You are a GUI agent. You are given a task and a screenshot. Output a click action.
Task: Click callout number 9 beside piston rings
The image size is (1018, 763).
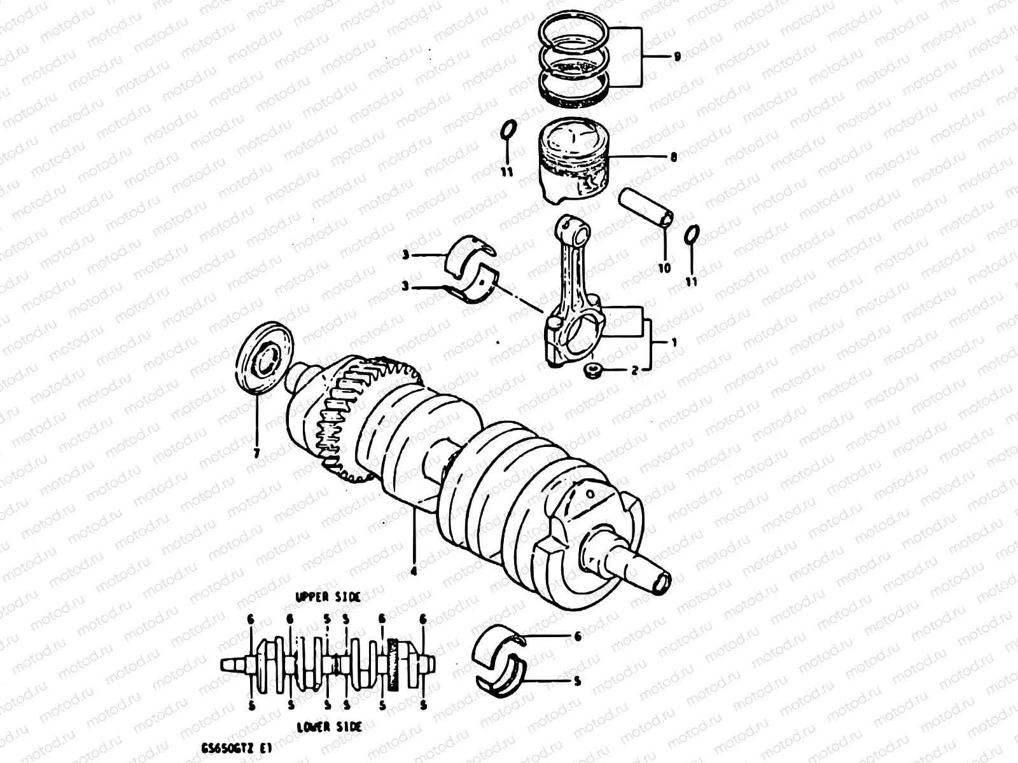tap(677, 57)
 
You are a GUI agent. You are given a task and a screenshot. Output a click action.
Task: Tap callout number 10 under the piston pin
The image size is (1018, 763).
tap(664, 268)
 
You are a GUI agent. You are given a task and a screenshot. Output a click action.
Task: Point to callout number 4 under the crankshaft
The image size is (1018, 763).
tap(413, 571)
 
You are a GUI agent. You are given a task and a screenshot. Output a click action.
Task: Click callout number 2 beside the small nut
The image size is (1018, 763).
tap(634, 370)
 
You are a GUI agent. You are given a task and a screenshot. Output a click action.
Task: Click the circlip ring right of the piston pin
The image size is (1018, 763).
tap(692, 234)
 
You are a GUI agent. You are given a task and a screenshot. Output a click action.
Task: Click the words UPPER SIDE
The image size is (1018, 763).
tap(328, 597)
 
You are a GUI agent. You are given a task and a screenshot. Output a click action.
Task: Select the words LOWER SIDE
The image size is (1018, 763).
tap(329, 727)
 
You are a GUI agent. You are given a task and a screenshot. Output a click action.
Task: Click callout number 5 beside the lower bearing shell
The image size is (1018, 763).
tap(576, 682)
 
